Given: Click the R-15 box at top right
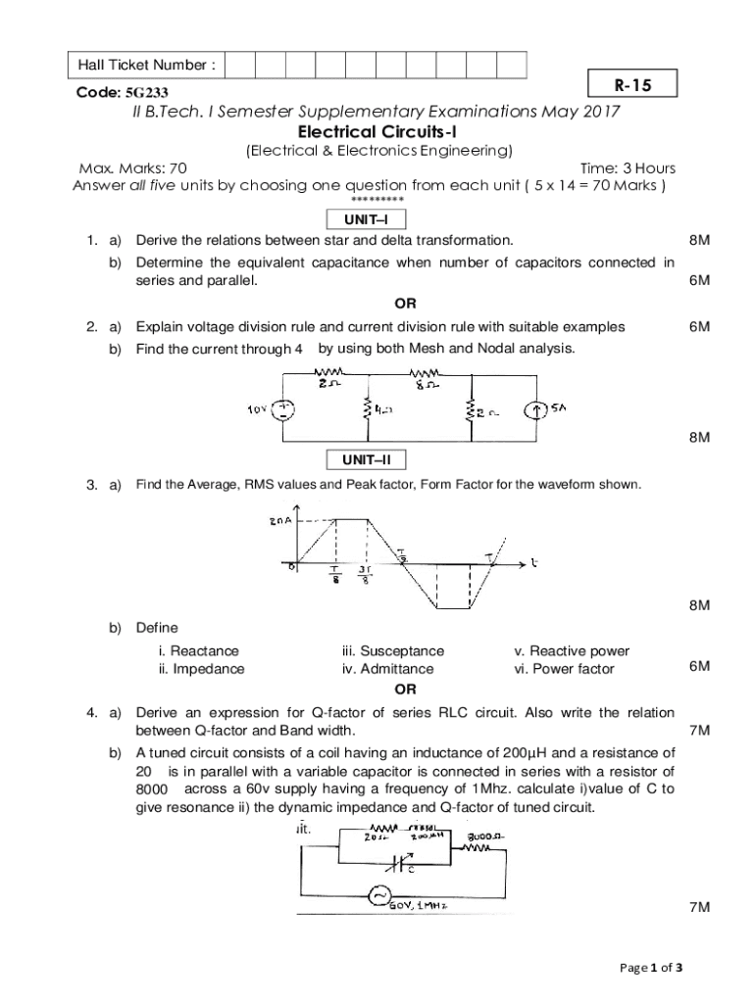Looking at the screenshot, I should [632, 86].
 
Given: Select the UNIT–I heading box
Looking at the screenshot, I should [364, 219].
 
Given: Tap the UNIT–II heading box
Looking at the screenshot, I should [364, 459].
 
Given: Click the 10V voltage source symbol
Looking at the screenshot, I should [282, 410].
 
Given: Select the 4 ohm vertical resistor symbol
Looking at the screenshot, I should [367, 409].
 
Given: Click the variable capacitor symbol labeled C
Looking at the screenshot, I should [397, 862].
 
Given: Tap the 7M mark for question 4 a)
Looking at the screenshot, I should [698, 731].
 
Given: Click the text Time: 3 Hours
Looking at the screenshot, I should [628, 168].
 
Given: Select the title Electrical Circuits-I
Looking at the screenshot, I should [377, 131].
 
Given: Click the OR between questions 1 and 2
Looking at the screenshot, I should [405, 304].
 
